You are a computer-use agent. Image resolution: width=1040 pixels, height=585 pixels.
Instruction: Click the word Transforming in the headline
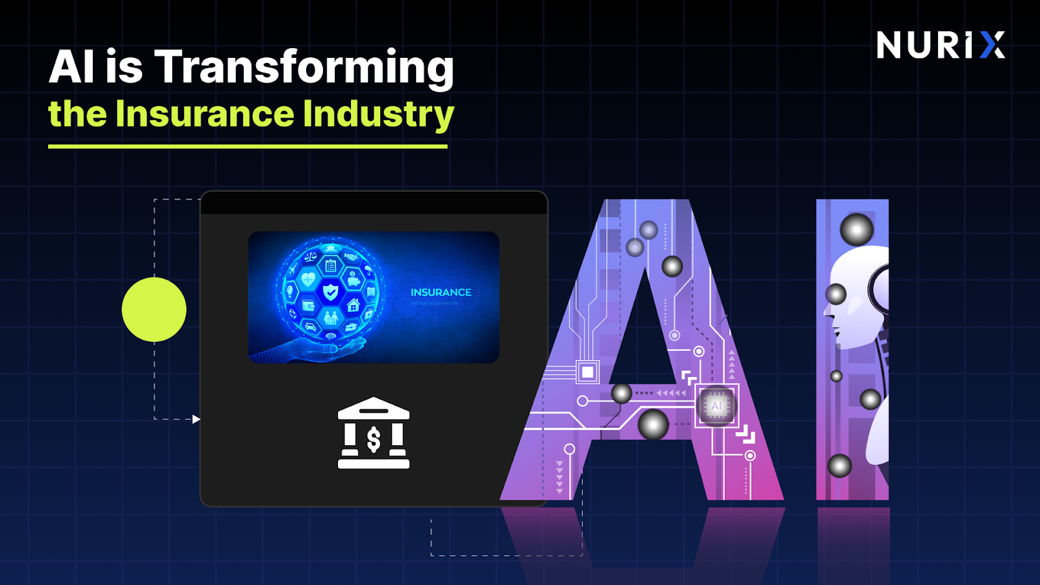(x=304, y=68)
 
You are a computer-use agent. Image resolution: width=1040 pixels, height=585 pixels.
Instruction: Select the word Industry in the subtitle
(x=378, y=115)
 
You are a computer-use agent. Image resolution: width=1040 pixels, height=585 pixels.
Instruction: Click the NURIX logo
(x=940, y=45)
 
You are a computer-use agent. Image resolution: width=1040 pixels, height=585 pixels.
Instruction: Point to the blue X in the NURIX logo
(x=992, y=45)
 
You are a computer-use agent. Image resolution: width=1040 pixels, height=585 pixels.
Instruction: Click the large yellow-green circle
(x=154, y=309)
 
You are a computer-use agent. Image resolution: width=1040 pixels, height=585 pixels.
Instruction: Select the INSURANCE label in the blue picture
(x=441, y=292)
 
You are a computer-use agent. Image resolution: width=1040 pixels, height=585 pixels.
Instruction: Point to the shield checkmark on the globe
(x=331, y=292)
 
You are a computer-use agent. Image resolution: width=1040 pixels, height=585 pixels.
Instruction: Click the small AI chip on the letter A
(x=716, y=406)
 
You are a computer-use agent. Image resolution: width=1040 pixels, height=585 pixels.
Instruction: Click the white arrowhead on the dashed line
(x=196, y=419)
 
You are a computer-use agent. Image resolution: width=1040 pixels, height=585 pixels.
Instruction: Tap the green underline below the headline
(x=248, y=146)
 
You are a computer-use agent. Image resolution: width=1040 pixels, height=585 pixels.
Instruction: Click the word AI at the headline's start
(x=72, y=68)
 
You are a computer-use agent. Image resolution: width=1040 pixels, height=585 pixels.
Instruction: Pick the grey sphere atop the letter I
(x=857, y=229)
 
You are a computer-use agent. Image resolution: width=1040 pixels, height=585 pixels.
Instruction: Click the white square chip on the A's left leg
(x=588, y=372)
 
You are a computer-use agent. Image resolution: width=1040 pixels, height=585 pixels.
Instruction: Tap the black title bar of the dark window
(x=374, y=203)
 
